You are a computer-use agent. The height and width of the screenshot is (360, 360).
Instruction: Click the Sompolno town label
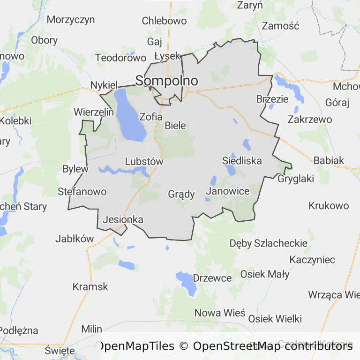point(166,81)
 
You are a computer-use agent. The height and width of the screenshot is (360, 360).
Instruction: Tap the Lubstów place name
point(144,162)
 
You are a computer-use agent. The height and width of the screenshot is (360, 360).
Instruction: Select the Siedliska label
point(242,161)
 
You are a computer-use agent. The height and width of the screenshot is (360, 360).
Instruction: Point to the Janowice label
point(227,191)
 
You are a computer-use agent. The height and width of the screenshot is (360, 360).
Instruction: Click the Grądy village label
point(181,194)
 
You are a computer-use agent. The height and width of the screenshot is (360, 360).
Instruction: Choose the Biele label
point(175,126)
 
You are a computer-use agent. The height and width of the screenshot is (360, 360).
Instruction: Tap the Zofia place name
point(151,117)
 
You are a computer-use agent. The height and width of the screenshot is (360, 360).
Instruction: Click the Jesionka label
point(123,219)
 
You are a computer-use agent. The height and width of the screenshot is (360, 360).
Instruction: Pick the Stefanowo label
point(82,192)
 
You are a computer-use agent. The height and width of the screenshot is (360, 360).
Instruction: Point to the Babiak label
point(329,160)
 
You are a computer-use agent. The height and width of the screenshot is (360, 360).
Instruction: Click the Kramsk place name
point(90,286)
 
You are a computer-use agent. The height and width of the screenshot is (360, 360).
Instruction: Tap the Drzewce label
point(212,278)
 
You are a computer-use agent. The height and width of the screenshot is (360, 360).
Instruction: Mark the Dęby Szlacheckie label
point(269,243)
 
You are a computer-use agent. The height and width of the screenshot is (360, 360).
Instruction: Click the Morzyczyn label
point(71,20)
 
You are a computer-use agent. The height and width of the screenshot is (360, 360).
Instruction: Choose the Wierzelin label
point(94,112)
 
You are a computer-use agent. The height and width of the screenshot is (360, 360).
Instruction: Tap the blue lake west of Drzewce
point(187,283)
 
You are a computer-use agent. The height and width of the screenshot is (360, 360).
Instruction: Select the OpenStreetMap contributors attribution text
point(273,346)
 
